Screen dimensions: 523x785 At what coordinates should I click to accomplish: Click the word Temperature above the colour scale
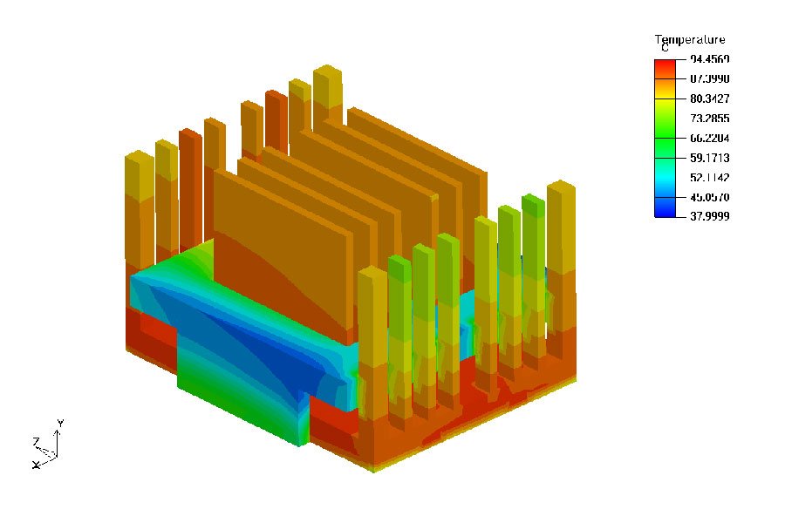tap(689, 40)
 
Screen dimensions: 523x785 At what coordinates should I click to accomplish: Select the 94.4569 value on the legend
tap(708, 59)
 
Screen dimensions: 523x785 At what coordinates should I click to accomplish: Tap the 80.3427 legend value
tap(708, 98)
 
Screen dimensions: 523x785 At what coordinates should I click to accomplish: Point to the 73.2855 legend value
tap(708, 119)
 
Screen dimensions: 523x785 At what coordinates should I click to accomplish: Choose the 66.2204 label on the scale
tap(708, 138)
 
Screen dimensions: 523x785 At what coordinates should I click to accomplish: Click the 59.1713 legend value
tap(708, 158)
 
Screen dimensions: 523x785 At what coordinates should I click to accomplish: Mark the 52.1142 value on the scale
tap(708, 177)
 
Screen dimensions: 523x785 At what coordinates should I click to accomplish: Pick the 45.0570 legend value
tap(708, 197)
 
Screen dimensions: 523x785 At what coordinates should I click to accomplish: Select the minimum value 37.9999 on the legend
tap(708, 216)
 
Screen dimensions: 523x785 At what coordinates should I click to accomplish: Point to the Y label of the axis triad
tap(59, 423)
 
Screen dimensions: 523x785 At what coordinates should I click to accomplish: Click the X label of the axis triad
tap(36, 465)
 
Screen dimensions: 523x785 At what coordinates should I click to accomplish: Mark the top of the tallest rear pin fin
tap(328, 71)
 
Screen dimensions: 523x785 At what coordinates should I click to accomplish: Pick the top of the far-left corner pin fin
tap(140, 158)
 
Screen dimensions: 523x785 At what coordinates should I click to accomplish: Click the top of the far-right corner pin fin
tap(561, 187)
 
